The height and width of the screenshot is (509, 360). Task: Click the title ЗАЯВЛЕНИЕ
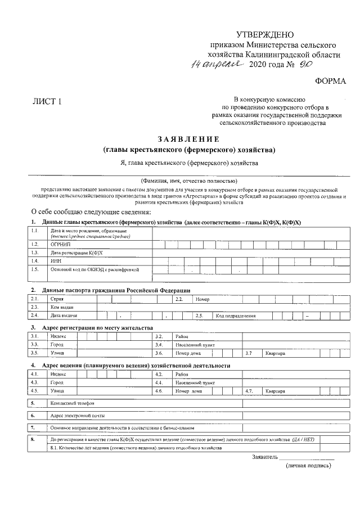pyautogui.click(x=189, y=139)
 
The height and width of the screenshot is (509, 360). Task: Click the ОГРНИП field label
pyautogui.click(x=60, y=244)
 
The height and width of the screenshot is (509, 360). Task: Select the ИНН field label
pyautogui.click(x=55, y=261)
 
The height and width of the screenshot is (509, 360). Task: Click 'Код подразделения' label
pyautogui.click(x=236, y=316)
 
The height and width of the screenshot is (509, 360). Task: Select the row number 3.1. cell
pyautogui.click(x=35, y=336)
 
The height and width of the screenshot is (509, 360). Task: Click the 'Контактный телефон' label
pyautogui.click(x=72, y=403)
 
